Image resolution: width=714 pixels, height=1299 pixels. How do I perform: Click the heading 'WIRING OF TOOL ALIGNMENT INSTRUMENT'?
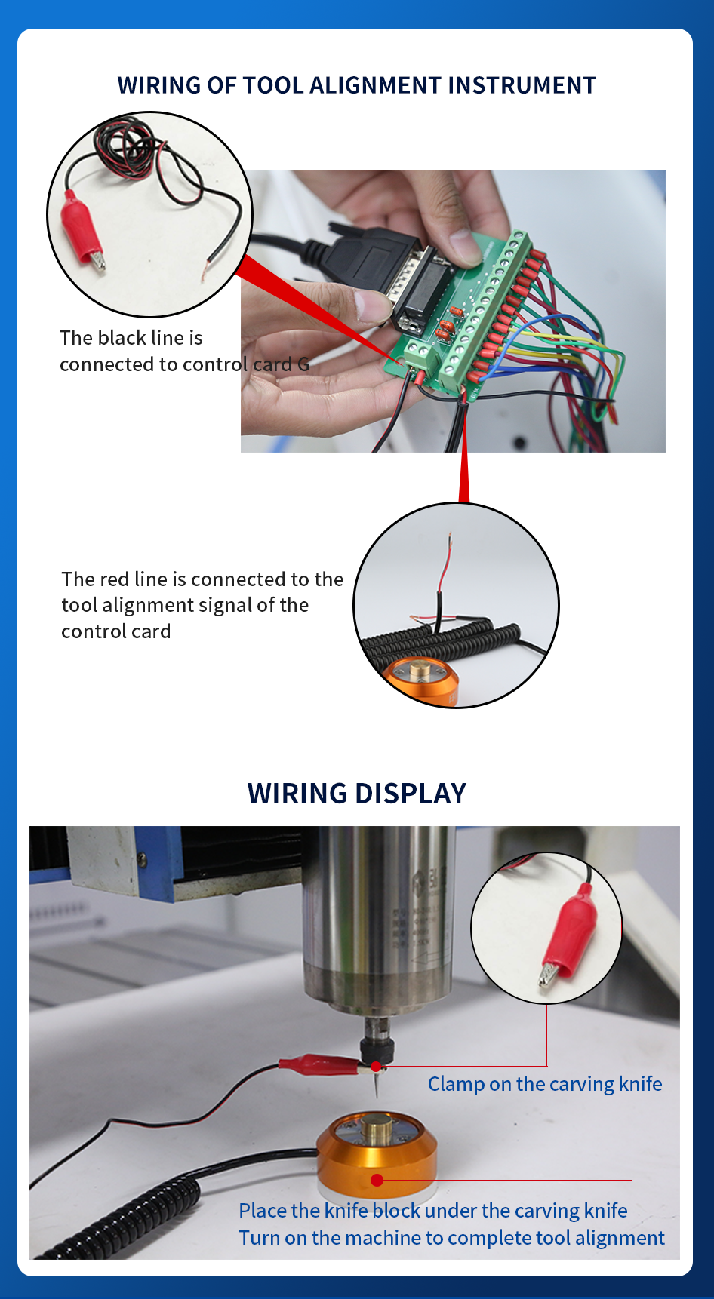pos(357,85)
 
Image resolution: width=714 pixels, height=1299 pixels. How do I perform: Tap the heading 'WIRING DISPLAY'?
pos(357,794)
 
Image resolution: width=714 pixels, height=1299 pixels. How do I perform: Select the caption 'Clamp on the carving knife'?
pos(545,1084)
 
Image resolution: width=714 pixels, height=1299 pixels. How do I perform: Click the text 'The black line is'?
pos(131,338)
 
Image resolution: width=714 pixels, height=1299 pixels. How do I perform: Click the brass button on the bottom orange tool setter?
pos(377,1129)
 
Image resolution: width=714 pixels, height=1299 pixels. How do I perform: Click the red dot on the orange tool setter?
pos(377,1180)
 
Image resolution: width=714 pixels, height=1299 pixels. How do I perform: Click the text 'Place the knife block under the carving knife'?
pos(433,1211)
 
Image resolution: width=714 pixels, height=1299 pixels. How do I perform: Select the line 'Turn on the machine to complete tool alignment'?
pos(452,1238)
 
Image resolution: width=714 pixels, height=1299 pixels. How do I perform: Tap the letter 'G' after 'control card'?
pos(303,364)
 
